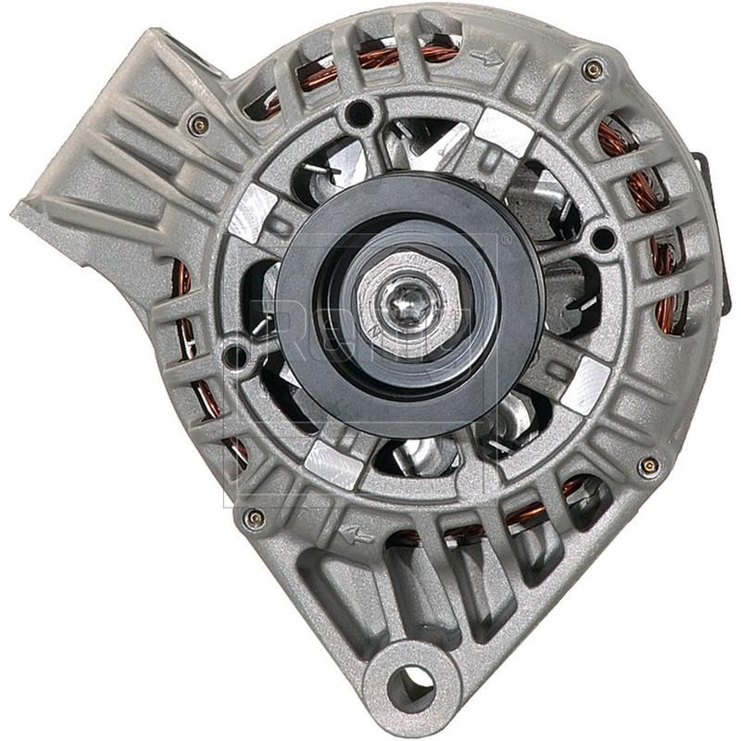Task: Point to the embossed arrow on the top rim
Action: pyautogui.click(x=485, y=58)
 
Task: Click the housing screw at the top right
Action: pyautogui.click(x=592, y=68)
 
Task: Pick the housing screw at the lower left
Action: pyautogui.click(x=252, y=519)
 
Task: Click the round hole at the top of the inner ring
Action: pyautogui.click(x=357, y=115)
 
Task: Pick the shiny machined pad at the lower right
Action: pyautogui.click(x=584, y=384)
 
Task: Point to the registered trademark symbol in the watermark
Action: pyautogui.click(x=506, y=240)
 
